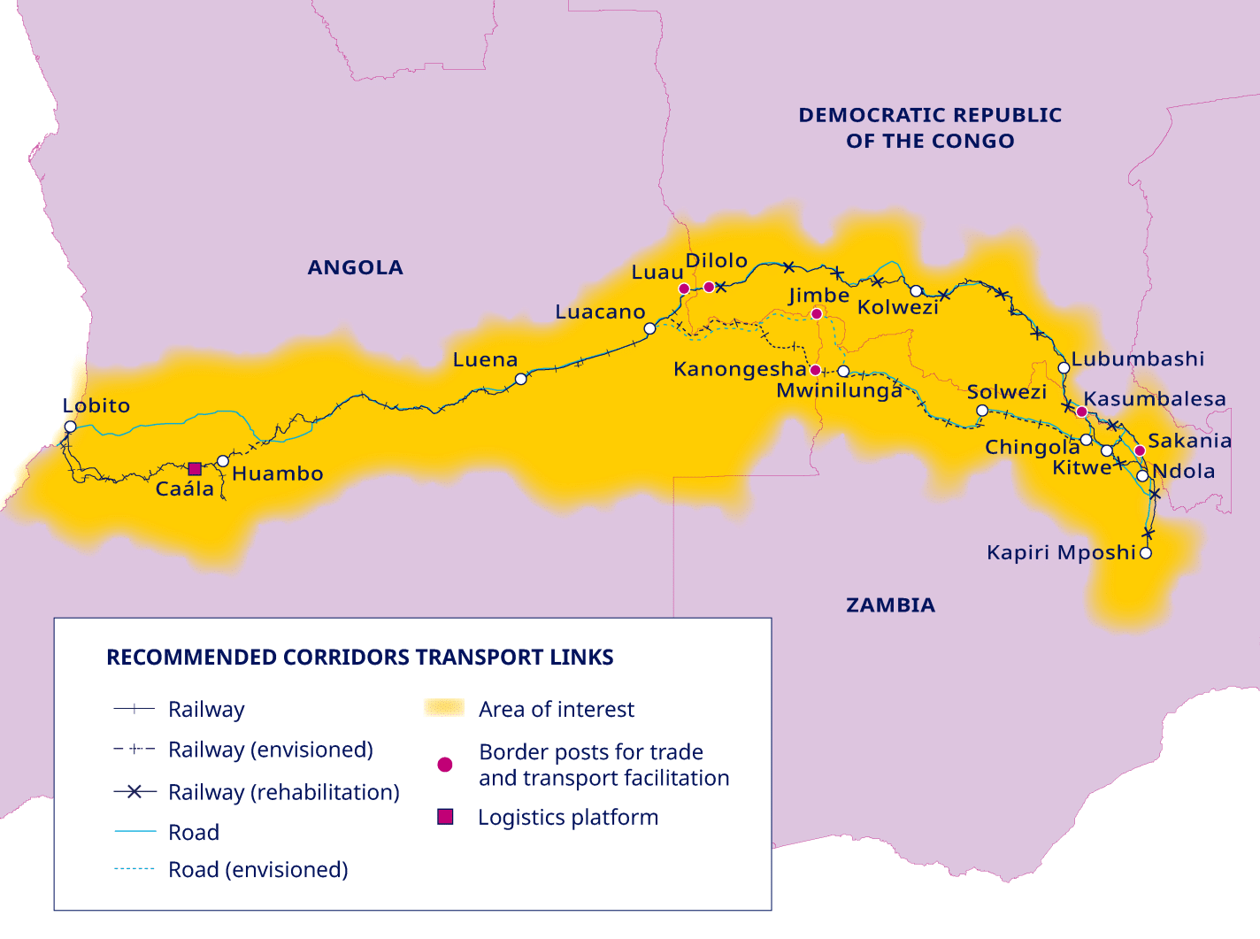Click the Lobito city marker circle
tap(70, 427)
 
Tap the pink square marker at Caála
tap(195, 468)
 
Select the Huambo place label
tap(278, 473)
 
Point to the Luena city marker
tap(521, 379)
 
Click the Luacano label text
tap(600, 312)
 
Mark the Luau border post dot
tap(684, 289)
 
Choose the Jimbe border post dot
tap(817, 313)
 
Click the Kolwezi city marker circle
tap(917, 291)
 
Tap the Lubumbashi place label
tap(1138, 358)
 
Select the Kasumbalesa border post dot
tap(1081, 412)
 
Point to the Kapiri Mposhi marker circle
tap(1146, 553)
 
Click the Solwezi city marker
tap(982, 411)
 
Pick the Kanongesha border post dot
tap(815, 370)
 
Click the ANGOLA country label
tap(355, 267)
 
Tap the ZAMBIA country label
tap(890, 604)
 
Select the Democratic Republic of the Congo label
tap(930, 127)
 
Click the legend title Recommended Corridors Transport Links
tap(359, 657)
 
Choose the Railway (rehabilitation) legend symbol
tap(134, 792)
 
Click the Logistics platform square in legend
tap(445, 817)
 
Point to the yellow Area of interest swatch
tap(444, 708)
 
